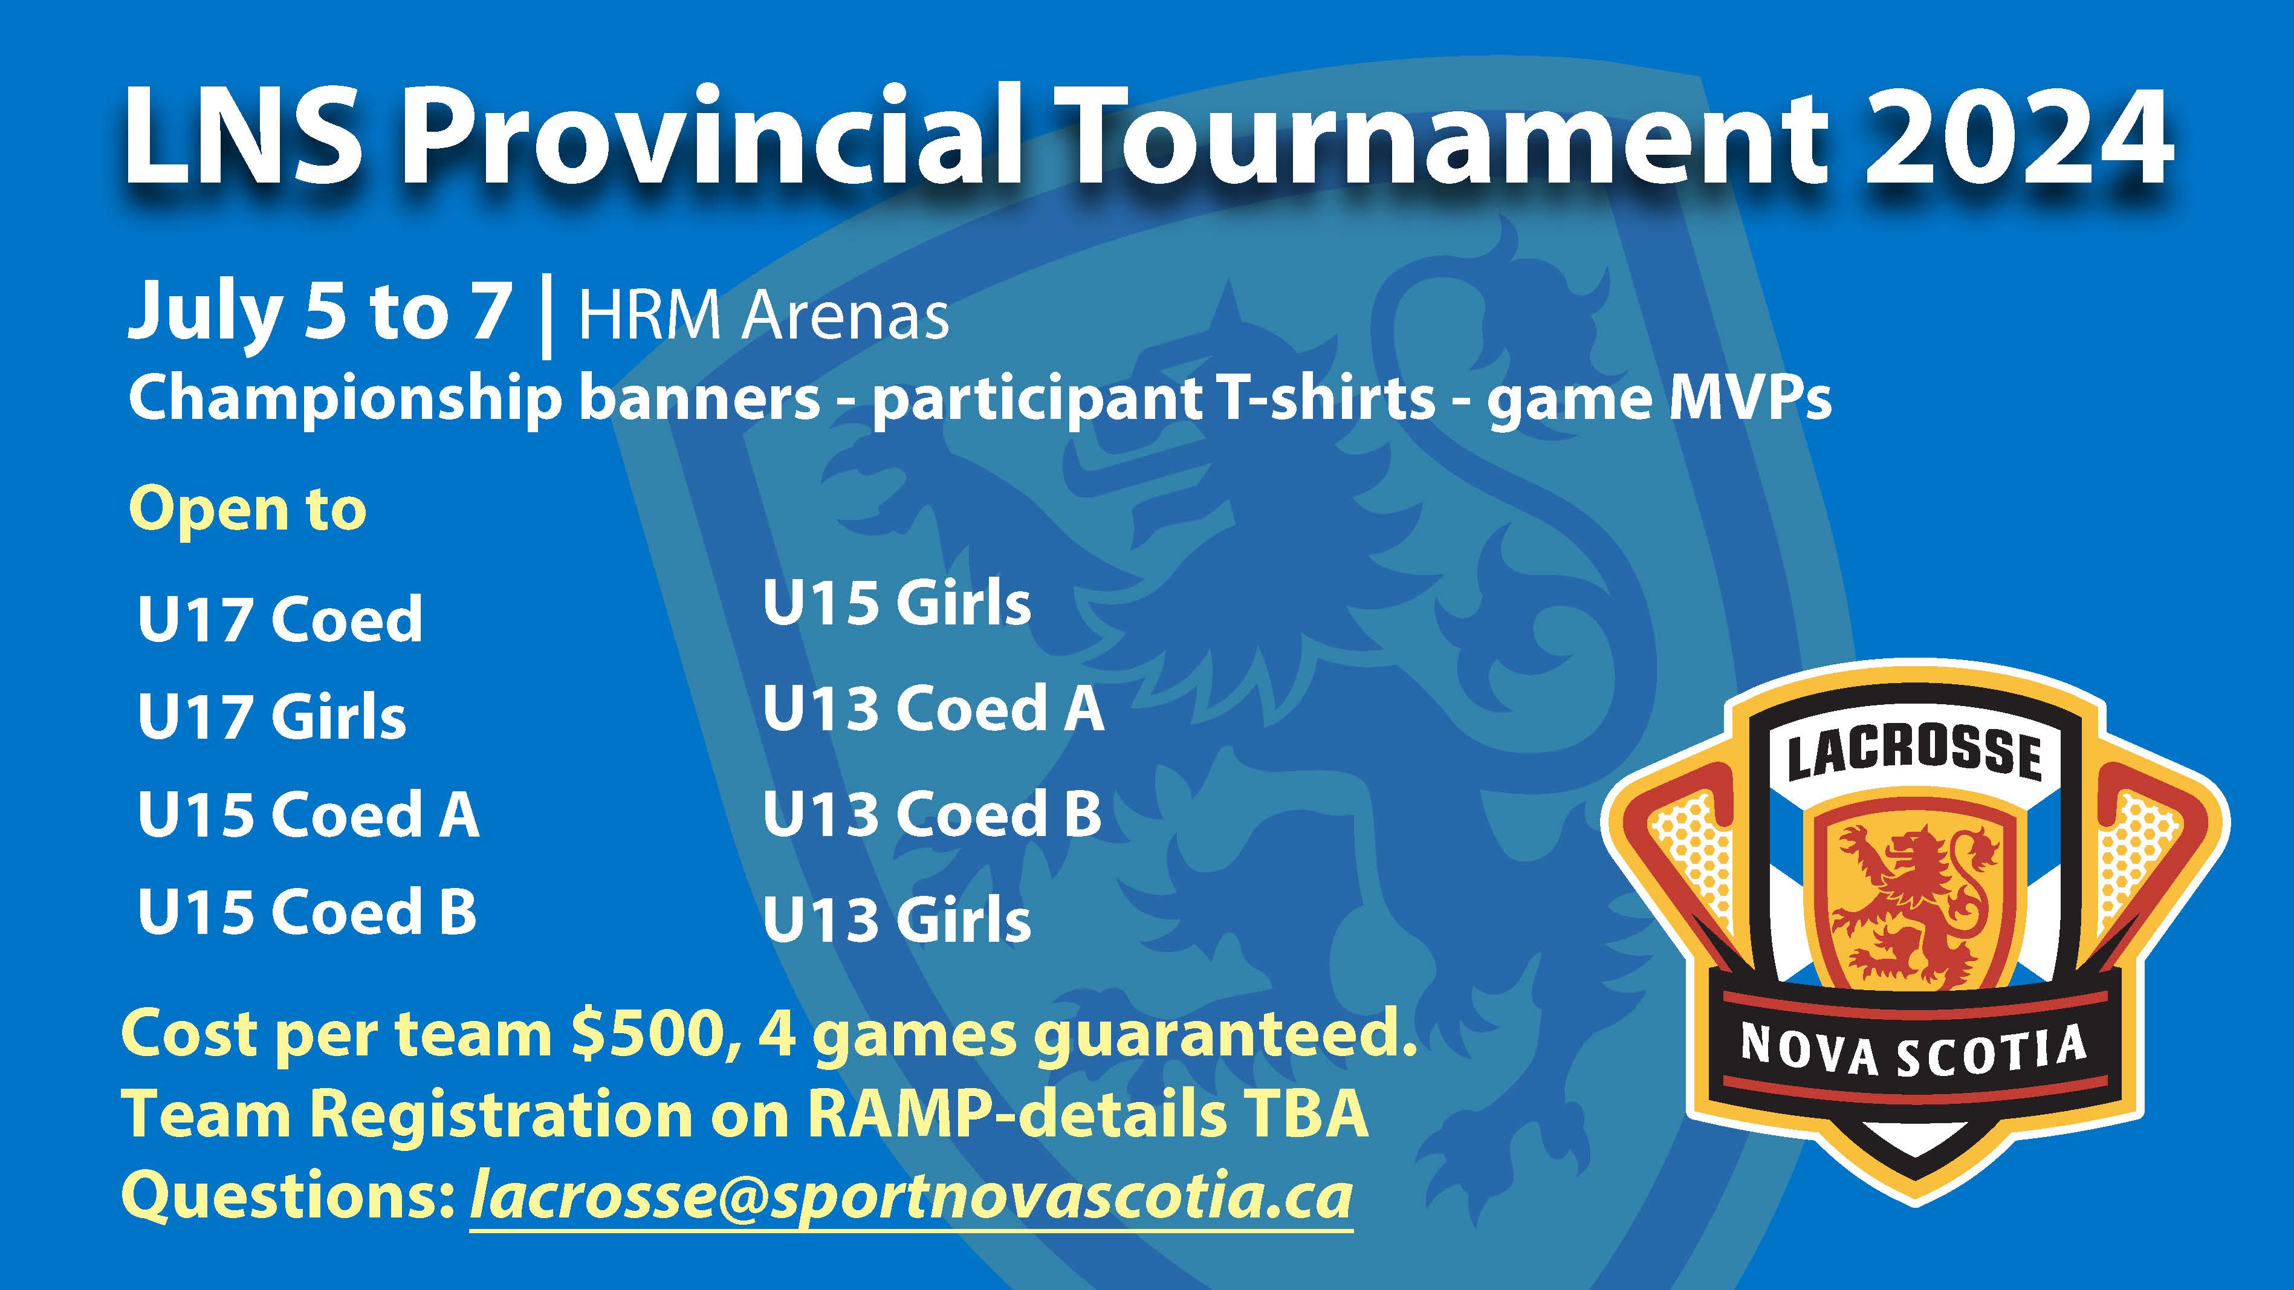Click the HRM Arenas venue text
click(x=763, y=316)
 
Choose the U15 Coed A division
click(x=308, y=815)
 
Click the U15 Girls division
click(x=897, y=603)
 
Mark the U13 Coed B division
click(x=932, y=815)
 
